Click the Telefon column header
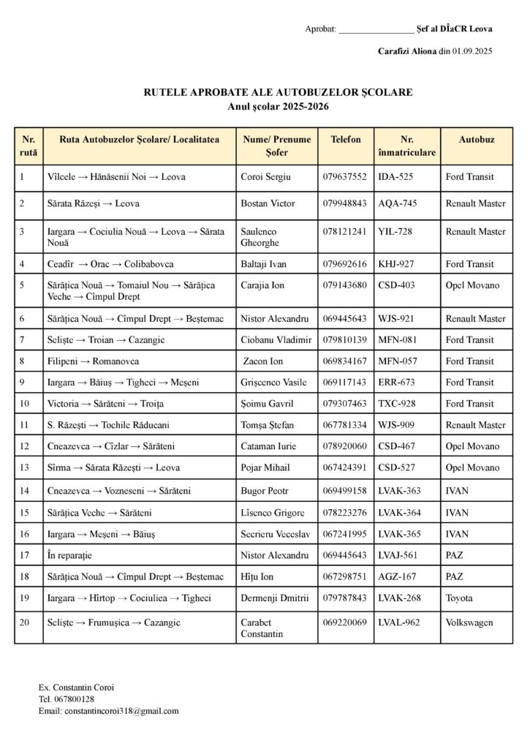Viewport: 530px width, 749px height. point(346,139)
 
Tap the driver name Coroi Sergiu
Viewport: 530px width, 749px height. point(266,177)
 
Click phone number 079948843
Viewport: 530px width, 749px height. point(344,203)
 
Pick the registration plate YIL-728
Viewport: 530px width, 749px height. point(395,232)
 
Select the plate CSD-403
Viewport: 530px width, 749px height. point(397,285)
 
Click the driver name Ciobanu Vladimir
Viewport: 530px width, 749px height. point(276,340)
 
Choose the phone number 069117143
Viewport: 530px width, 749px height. point(344,383)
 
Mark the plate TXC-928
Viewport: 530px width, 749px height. point(396,404)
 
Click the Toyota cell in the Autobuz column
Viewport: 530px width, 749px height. point(459,598)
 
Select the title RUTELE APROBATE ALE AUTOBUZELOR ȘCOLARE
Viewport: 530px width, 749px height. point(278,93)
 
